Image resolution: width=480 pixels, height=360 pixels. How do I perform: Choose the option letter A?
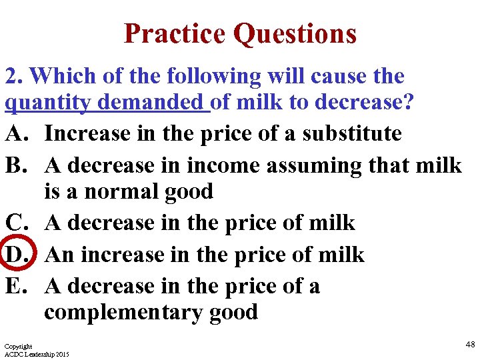click(17, 133)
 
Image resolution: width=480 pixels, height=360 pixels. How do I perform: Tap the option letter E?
click(17, 286)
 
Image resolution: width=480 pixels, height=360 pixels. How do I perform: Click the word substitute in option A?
click(352, 133)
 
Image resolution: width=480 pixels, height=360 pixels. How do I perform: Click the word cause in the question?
click(329, 76)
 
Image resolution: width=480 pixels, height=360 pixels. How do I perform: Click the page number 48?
click(470, 345)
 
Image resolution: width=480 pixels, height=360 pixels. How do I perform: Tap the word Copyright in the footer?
click(18, 347)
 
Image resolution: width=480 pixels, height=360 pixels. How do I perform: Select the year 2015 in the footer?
click(61, 354)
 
